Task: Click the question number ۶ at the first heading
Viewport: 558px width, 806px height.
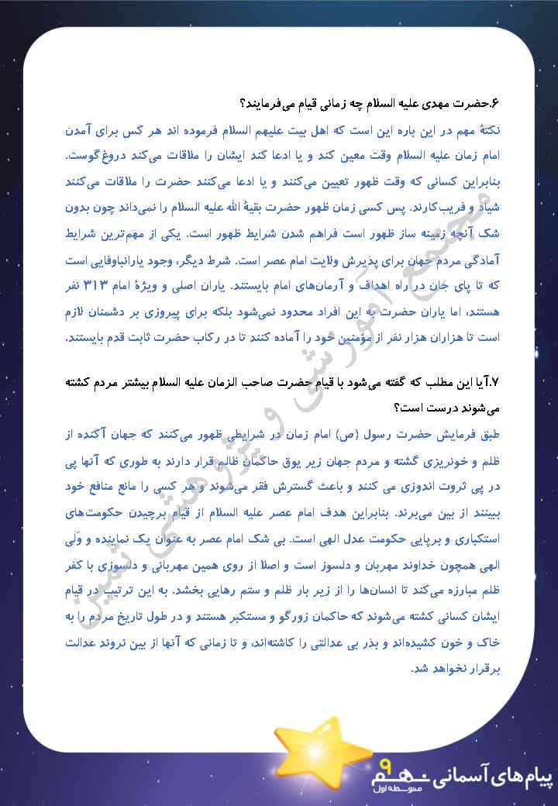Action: pos(490,103)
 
